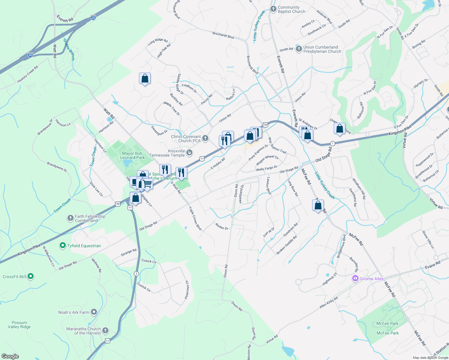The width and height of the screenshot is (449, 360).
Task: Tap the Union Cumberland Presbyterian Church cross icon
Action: pyautogui.click(x=299, y=49)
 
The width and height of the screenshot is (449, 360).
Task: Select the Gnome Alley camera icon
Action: pyautogui.click(x=355, y=278)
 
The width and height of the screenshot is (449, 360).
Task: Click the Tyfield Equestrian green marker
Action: pyautogui.click(x=63, y=246)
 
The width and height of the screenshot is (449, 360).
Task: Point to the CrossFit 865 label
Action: pyautogui.click(x=15, y=277)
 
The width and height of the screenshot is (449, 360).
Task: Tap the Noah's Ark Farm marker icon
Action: pyautogui.click(x=94, y=312)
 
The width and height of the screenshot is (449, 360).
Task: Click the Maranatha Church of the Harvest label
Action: pyautogui.click(x=83, y=331)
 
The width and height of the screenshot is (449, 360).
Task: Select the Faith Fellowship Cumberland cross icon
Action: pyautogui.click(x=70, y=218)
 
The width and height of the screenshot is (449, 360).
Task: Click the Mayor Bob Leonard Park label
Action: pyautogui.click(x=132, y=155)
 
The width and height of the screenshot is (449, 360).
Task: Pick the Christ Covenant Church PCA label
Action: pyautogui.click(x=186, y=139)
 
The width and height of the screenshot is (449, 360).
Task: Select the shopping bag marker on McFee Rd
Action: pyautogui.click(x=318, y=205)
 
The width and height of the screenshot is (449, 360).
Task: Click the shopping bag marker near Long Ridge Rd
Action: pyautogui.click(x=145, y=79)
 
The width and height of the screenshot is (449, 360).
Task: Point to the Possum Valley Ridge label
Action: pyautogui.click(x=20, y=325)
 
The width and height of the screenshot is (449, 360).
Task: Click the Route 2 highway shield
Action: pyautogui.click(x=137, y=274)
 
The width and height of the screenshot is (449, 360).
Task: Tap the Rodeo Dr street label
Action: pyautogui.click(x=222, y=226)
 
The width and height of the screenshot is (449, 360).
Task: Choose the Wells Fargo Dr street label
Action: pyautogui.click(x=267, y=168)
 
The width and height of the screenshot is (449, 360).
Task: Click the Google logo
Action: pyautogui.click(x=10, y=356)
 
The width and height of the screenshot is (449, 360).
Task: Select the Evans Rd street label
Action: pyautogui.click(x=432, y=265)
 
